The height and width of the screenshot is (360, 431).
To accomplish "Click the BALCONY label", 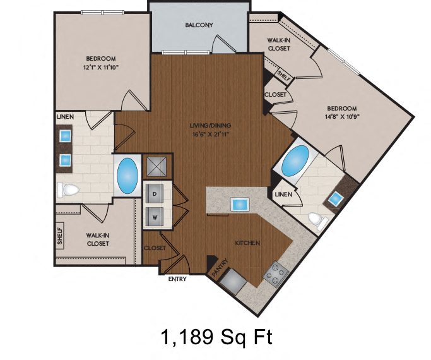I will [x=199, y=25].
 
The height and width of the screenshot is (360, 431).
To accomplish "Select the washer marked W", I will [x=155, y=217].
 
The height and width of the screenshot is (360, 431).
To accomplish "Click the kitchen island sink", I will [x=240, y=204].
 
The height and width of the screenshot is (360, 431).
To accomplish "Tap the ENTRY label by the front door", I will [x=177, y=279].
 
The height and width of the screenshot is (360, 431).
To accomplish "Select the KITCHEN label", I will [x=248, y=243].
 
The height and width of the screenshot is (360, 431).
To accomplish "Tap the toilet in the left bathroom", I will [x=67, y=189].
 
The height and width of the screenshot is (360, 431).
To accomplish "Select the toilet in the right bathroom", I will [x=317, y=220].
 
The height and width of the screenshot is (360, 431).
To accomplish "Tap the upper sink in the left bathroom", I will [x=66, y=135].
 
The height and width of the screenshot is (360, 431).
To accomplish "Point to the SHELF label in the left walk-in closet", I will [x=60, y=236].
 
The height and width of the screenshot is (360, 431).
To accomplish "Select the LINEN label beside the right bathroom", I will [x=283, y=195].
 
